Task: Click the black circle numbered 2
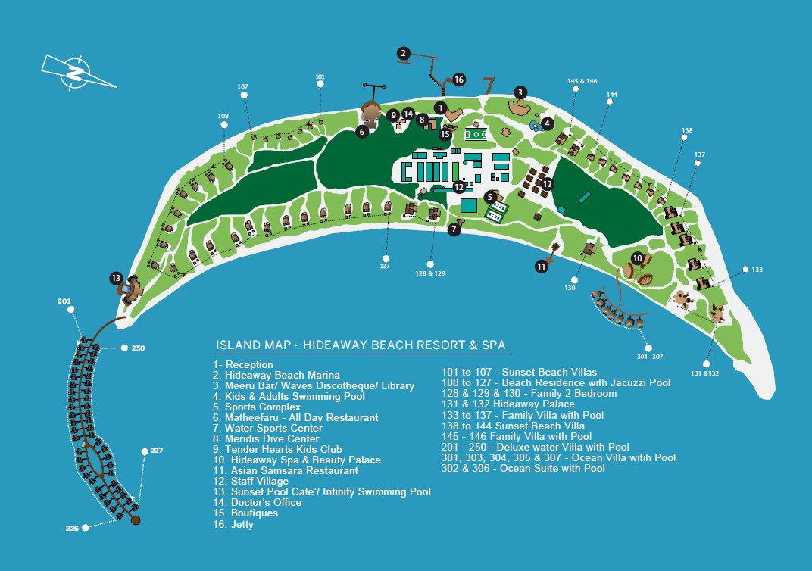pyautogui.click(x=404, y=53)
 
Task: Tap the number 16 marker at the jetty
pyautogui.click(x=459, y=80)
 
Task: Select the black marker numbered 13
pyautogui.click(x=116, y=278)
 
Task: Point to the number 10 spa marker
pyautogui.click(x=638, y=258)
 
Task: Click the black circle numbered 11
pyautogui.click(x=542, y=267)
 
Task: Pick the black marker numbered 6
pyautogui.click(x=362, y=132)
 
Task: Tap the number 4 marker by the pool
pyautogui.click(x=547, y=123)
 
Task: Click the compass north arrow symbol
pyautogui.click(x=78, y=73)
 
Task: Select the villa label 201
pyautogui.click(x=64, y=301)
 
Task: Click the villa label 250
pyautogui.click(x=139, y=348)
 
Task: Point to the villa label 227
pyautogui.click(x=157, y=451)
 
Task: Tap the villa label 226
pyautogui.click(x=72, y=528)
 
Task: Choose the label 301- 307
pyautogui.click(x=650, y=357)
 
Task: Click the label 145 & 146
pyautogui.click(x=582, y=81)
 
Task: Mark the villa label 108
pyautogui.click(x=223, y=116)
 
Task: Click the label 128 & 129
pyautogui.click(x=430, y=273)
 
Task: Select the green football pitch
pyautogui.click(x=476, y=135)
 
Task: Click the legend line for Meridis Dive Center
pyautogui.click(x=266, y=438)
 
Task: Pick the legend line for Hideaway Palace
pyautogui.click(x=508, y=404)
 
